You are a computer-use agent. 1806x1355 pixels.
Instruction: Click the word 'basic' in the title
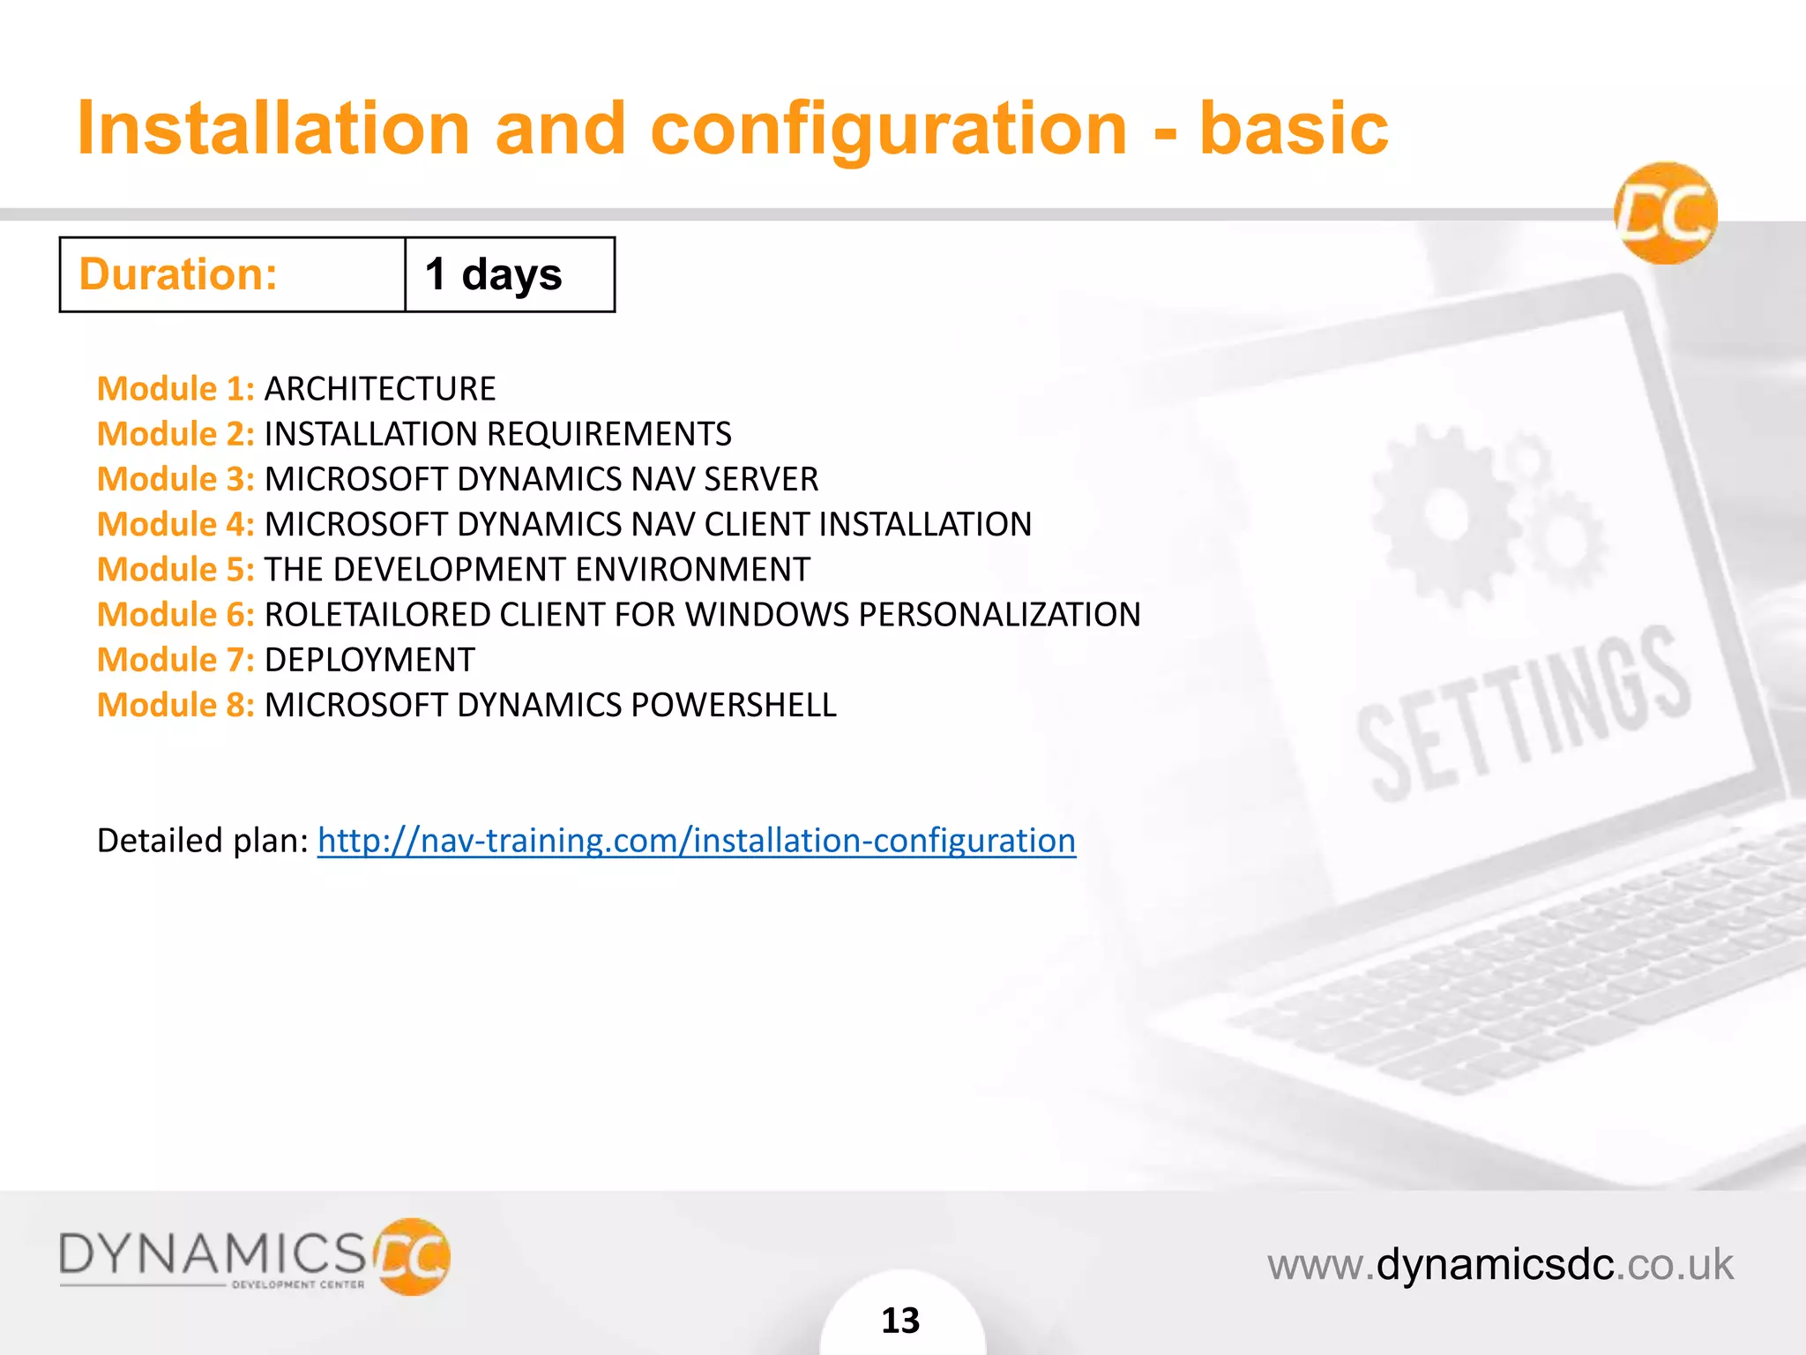tap(1293, 129)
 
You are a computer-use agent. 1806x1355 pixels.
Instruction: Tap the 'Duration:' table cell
tap(233, 274)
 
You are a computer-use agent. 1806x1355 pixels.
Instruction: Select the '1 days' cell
tap(510, 274)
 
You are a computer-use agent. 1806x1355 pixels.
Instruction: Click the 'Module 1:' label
tap(175, 389)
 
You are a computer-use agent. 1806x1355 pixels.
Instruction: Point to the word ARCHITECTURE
tap(380, 389)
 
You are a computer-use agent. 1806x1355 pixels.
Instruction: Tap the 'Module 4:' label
tap(175, 524)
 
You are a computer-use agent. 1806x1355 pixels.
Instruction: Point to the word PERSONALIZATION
tap(999, 615)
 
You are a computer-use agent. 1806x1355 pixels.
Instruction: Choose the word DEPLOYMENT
tap(369, 660)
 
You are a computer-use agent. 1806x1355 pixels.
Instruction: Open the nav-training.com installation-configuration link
tap(697, 841)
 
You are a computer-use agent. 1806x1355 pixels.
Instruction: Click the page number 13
tap(900, 1321)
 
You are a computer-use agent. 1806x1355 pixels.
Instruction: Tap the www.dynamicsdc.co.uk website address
tap(1500, 1264)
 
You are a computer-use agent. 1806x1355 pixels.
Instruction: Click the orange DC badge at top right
tap(1666, 213)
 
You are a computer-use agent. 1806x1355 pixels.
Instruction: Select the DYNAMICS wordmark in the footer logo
tap(212, 1254)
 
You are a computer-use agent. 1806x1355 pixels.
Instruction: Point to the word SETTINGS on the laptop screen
tap(1523, 712)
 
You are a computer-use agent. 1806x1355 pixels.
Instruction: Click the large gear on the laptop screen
tap(1445, 514)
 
